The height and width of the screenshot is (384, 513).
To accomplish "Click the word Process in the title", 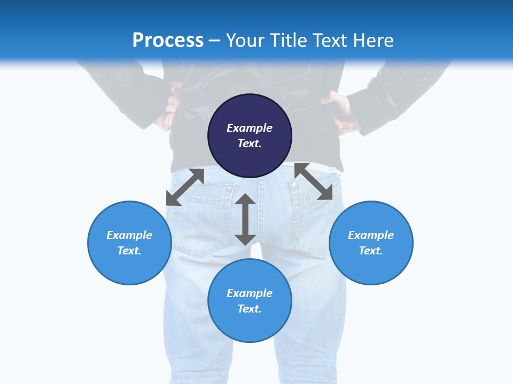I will (x=168, y=40).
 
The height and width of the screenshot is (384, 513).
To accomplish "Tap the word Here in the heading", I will (x=374, y=40).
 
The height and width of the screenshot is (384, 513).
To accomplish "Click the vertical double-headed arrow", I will (x=245, y=219).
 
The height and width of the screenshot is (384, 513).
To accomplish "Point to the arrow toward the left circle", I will (x=185, y=187).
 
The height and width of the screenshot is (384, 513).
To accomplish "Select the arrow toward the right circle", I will (x=313, y=181).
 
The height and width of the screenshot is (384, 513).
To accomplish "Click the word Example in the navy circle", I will (x=250, y=128).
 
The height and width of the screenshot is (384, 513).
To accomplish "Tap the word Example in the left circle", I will (x=129, y=235).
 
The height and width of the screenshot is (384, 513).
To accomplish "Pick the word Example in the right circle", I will (x=371, y=235).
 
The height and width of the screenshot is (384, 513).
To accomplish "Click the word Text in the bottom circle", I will (x=250, y=309).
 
